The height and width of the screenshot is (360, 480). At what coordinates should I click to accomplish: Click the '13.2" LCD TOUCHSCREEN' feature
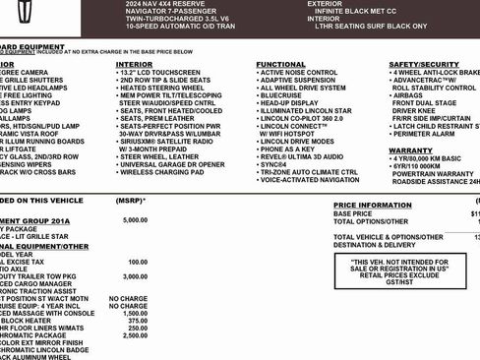163,73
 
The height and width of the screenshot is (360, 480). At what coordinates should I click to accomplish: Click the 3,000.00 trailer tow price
135,278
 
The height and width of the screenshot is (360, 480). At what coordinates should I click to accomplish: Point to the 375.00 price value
137,320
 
